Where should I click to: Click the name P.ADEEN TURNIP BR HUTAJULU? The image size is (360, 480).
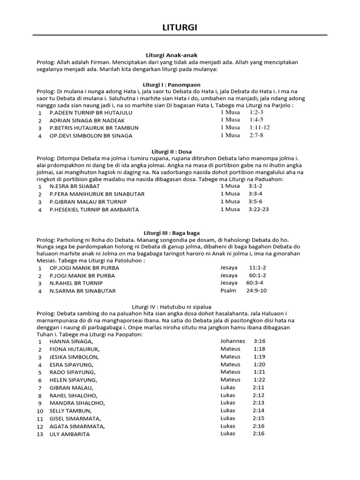click(x=91, y=113)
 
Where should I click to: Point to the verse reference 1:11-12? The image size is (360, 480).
click(x=260, y=127)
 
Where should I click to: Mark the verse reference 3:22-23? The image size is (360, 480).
click(x=259, y=209)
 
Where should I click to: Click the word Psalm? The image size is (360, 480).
click(x=228, y=291)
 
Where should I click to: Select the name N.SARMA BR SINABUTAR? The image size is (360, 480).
click(x=82, y=291)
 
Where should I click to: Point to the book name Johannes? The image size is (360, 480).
click(x=232, y=342)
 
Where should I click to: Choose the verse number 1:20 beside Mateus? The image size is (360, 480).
click(x=259, y=365)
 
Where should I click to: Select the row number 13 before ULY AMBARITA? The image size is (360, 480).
click(x=40, y=434)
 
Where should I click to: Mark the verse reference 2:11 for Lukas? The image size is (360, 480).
click(x=258, y=388)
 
